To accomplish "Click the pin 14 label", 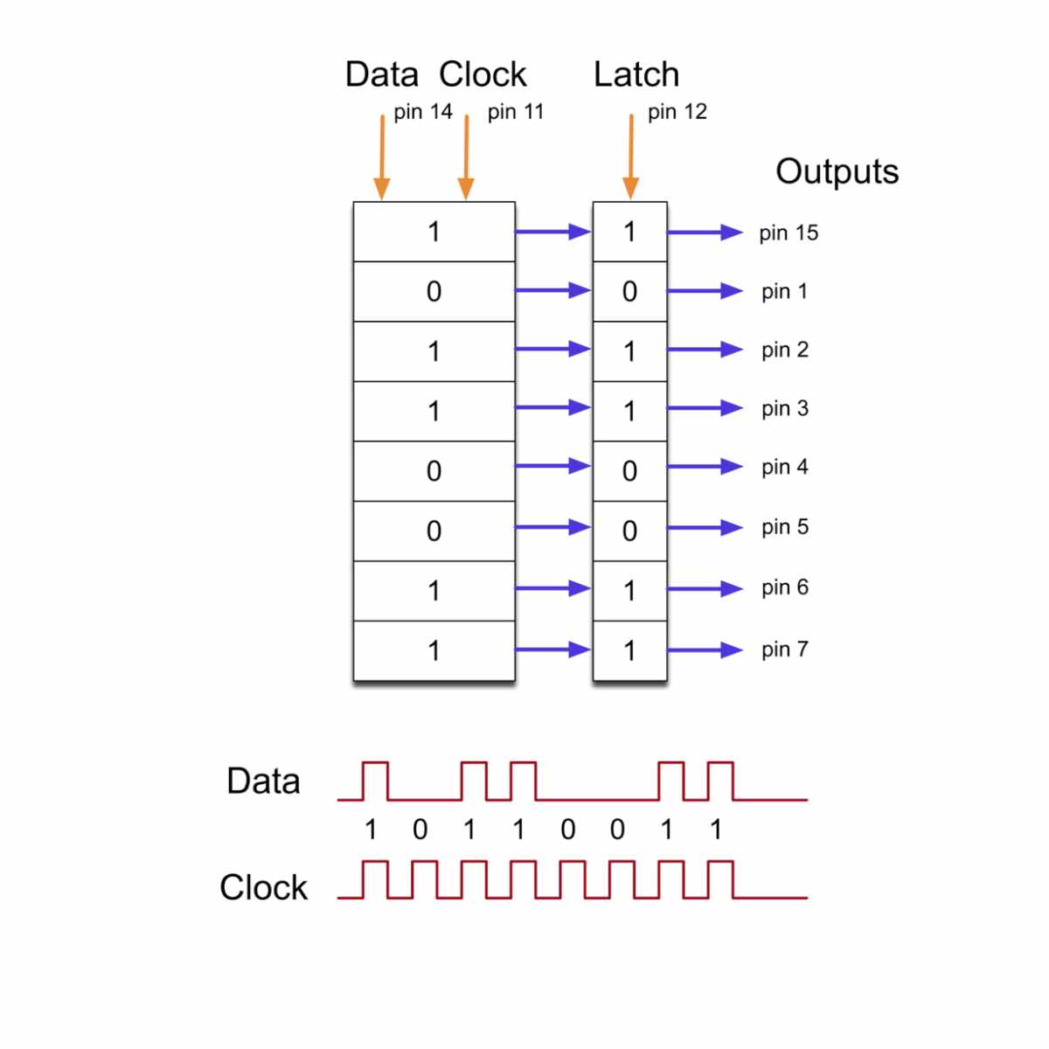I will [x=422, y=112].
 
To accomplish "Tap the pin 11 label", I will [x=516, y=112].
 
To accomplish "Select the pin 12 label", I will [x=677, y=112].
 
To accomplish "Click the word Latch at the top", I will [x=636, y=75].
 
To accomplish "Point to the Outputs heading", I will [x=837, y=171].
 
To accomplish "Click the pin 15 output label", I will [x=788, y=233].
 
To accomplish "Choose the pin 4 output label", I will [x=784, y=467].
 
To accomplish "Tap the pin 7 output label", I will [x=784, y=650].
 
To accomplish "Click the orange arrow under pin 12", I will [x=630, y=157].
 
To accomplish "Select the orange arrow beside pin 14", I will [x=381, y=157].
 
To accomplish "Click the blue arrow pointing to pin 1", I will [x=705, y=291].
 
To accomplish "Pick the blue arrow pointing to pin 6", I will [x=705, y=589].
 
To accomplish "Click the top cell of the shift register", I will [x=434, y=232].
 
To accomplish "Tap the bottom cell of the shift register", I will [x=434, y=650].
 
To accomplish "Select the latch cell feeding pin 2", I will [x=629, y=351].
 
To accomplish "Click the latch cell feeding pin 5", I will [x=629, y=531].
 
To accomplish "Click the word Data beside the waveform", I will [x=262, y=782].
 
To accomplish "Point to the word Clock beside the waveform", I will [x=263, y=887].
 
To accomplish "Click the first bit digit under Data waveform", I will [x=371, y=829].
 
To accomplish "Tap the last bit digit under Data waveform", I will [x=716, y=829].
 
